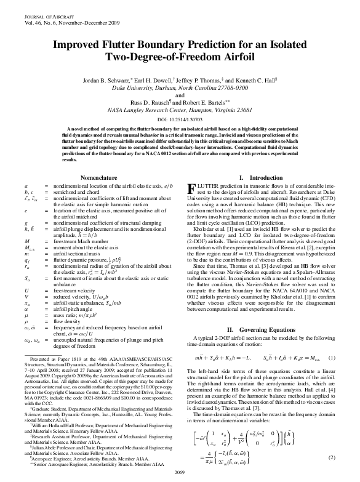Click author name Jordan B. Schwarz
tap(108, 81)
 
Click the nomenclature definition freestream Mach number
tap(82, 226)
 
